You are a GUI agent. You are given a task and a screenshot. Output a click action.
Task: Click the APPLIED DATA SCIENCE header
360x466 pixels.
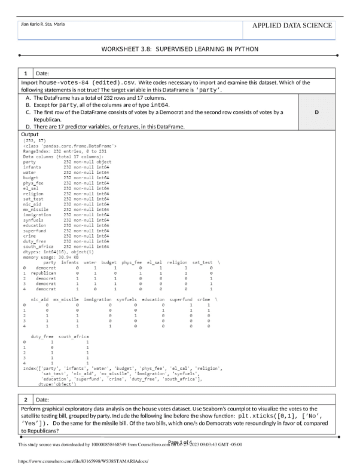click(x=292, y=25)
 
